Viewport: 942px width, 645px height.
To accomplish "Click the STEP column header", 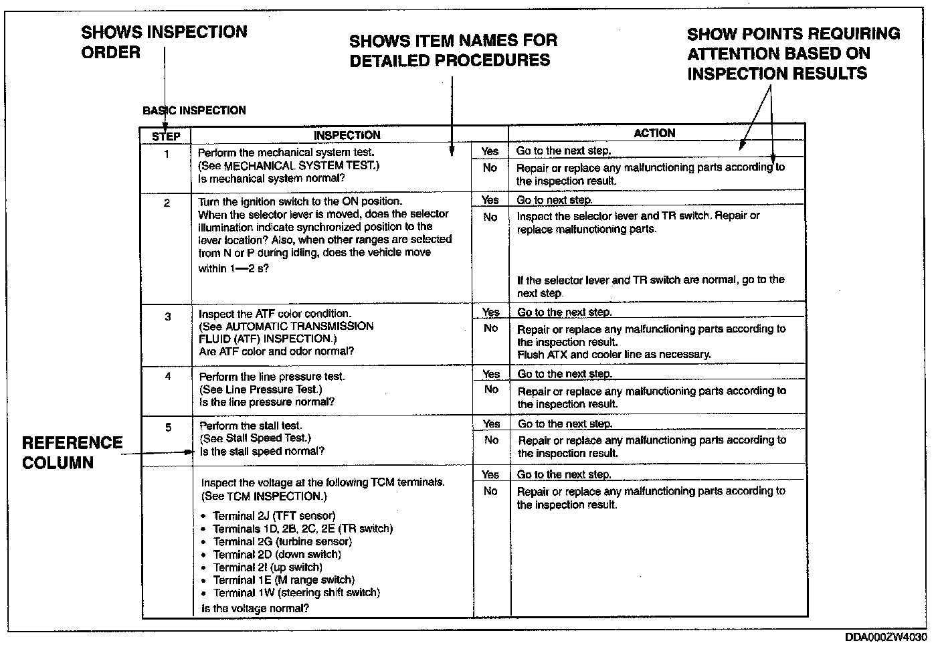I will pyautogui.click(x=166, y=136).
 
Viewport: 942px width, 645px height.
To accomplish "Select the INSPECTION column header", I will pyautogui.click(x=347, y=135).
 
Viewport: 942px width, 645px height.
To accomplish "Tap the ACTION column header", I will pyautogui.click(x=654, y=133).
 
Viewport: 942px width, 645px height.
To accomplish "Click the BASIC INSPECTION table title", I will pyautogui.click(x=194, y=110).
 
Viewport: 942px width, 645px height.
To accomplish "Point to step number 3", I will pyautogui.click(x=167, y=316).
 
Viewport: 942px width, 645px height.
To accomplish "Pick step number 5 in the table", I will pyautogui.click(x=168, y=428).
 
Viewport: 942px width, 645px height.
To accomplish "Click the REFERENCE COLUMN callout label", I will pyautogui.click(x=72, y=453).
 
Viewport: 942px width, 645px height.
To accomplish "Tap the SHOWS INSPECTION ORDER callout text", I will pyautogui.click(x=164, y=42).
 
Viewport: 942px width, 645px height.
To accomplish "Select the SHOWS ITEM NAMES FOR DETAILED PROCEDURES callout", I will pyautogui.click(x=453, y=50).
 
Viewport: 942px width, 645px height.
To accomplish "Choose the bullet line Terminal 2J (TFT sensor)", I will pyautogui.click(x=274, y=516).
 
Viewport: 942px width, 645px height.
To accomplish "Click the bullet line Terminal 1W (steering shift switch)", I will pyautogui.click(x=296, y=593).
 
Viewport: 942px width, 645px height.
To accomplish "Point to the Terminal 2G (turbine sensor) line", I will pyautogui.click(x=282, y=541).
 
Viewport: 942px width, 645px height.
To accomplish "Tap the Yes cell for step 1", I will pyautogui.click(x=490, y=151).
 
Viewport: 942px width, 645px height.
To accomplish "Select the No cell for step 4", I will pyautogui.click(x=490, y=389).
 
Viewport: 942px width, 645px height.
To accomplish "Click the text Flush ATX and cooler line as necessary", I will pyautogui.click(x=614, y=355).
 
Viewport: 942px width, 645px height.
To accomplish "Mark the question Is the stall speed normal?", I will pyautogui.click(x=262, y=452).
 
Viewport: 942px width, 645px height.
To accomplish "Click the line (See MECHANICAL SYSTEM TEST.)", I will pyautogui.click(x=288, y=166).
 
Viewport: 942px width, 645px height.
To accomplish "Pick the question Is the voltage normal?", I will pyautogui.click(x=255, y=609).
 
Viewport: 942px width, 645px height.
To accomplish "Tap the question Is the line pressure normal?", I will pyautogui.click(x=266, y=402).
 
